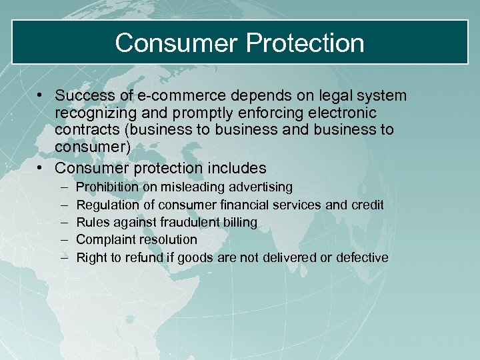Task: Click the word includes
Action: pyautogui.click(x=235, y=168)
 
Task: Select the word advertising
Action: pyautogui.click(x=260, y=187)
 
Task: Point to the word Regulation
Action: pyautogui.click(x=107, y=205)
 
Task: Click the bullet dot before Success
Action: pyautogui.click(x=41, y=96)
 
